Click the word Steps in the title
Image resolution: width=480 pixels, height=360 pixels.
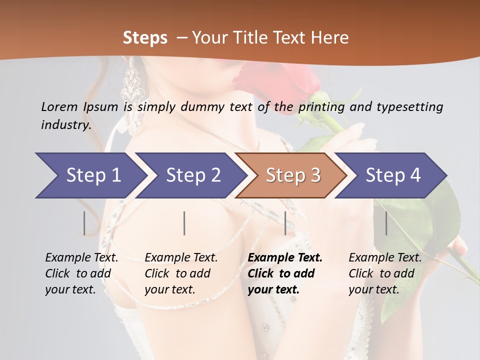coord(145,38)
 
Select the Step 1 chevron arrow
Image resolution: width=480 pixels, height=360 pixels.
coord(90,175)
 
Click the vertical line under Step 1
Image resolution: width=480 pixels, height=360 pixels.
coord(84,223)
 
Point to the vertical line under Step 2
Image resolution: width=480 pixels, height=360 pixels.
coord(184,223)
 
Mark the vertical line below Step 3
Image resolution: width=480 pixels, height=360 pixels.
coord(285,223)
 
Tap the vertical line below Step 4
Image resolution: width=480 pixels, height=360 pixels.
coord(386,223)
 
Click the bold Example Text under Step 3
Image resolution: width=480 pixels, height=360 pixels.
coord(285,258)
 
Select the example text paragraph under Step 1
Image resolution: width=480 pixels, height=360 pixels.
coord(81,273)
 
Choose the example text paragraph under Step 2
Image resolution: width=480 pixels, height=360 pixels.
coord(180,273)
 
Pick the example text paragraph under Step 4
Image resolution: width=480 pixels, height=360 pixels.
coord(384,273)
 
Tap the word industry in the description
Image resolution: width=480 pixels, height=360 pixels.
coord(66,125)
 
